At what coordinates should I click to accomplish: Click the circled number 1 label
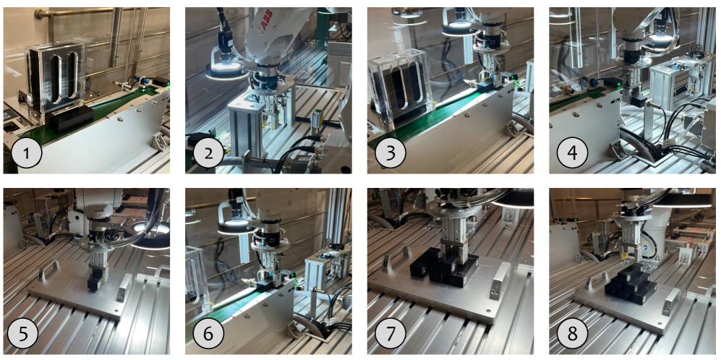[27, 153]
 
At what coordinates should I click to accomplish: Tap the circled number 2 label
[208, 153]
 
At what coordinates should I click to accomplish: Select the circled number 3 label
[391, 153]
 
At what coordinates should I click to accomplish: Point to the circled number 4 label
[572, 153]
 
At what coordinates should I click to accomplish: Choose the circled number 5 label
[27, 334]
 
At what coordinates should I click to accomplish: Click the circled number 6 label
[208, 334]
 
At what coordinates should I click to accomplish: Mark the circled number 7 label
[391, 334]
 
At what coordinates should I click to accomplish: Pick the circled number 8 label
[572, 334]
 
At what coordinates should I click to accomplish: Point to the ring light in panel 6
[236, 226]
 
